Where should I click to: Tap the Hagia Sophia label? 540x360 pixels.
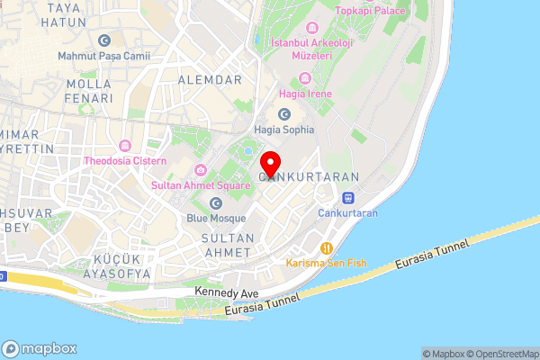pos(285,129)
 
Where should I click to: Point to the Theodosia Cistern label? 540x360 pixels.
pos(125,161)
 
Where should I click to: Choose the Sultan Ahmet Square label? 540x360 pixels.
pos(199,184)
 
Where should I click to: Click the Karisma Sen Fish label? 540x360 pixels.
pos(327,263)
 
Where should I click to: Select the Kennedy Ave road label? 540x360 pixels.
pos(227,293)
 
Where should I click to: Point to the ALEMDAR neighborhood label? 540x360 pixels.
pos(211,80)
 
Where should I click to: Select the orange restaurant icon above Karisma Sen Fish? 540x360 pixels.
pos(327,247)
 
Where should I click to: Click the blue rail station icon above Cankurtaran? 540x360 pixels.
pos(347,198)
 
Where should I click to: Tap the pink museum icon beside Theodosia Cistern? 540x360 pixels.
pos(124,146)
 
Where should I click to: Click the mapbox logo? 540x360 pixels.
pos(40,348)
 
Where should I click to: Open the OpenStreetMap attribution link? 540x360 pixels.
pos(499,354)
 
